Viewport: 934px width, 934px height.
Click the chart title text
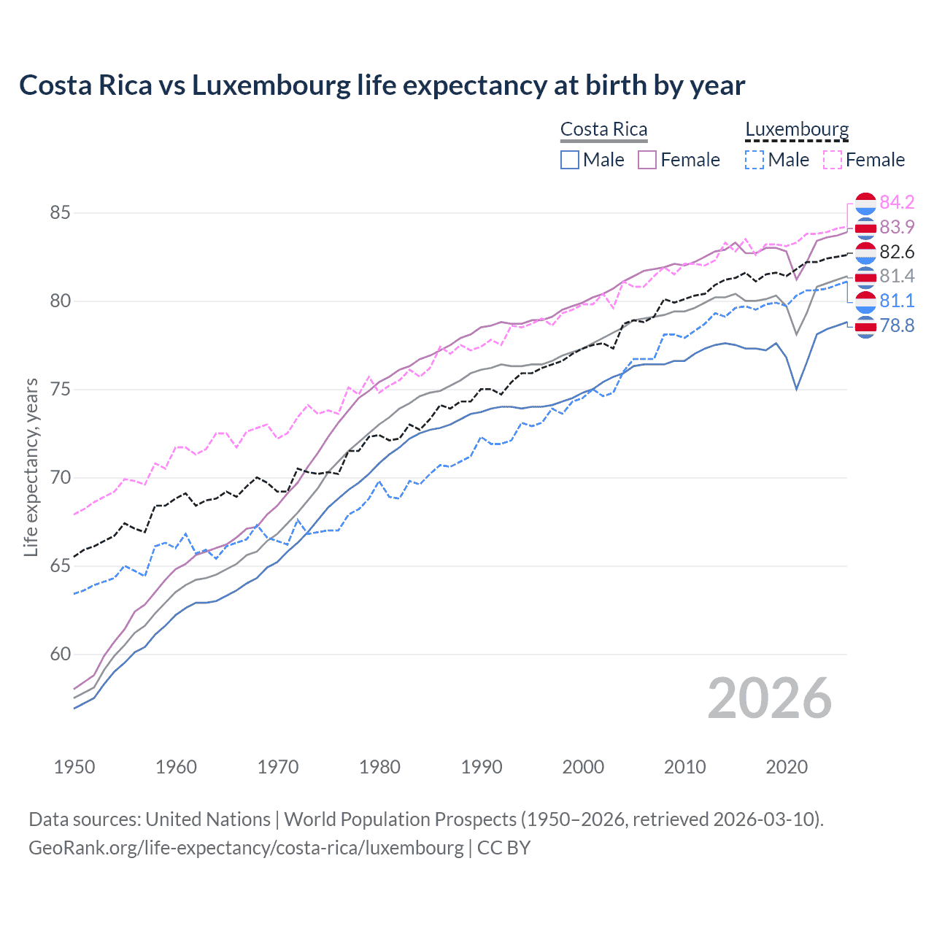pyautogui.click(x=382, y=85)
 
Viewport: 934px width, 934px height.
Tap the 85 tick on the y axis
pyautogui.click(x=60, y=213)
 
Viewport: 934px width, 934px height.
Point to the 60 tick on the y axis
pyautogui.click(x=60, y=655)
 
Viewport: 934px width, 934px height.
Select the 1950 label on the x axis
pyautogui.click(x=74, y=767)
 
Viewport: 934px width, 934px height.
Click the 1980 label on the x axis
pyautogui.click(x=379, y=767)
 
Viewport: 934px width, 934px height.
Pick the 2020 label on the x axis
pyautogui.click(x=787, y=767)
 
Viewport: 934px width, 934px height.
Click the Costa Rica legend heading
pyautogui.click(x=603, y=129)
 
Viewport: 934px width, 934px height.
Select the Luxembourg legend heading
pyautogui.click(x=797, y=129)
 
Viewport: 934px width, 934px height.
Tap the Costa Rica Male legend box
pyautogui.click(x=570, y=160)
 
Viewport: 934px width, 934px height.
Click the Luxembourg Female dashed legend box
pyautogui.click(x=833, y=160)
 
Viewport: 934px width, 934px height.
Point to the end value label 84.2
pyautogui.click(x=897, y=202)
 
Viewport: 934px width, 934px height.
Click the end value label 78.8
pyautogui.click(x=897, y=325)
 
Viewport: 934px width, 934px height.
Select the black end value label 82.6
pyautogui.click(x=897, y=252)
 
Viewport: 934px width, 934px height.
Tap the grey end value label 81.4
pyautogui.click(x=897, y=276)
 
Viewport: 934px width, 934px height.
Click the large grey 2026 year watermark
pyautogui.click(x=769, y=699)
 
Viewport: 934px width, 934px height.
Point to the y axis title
pyautogui.click(x=31, y=467)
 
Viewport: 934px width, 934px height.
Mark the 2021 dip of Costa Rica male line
pyautogui.click(x=797, y=389)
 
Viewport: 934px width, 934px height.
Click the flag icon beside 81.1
pyautogui.click(x=865, y=301)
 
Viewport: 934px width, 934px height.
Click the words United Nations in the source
pyautogui.click(x=208, y=819)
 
